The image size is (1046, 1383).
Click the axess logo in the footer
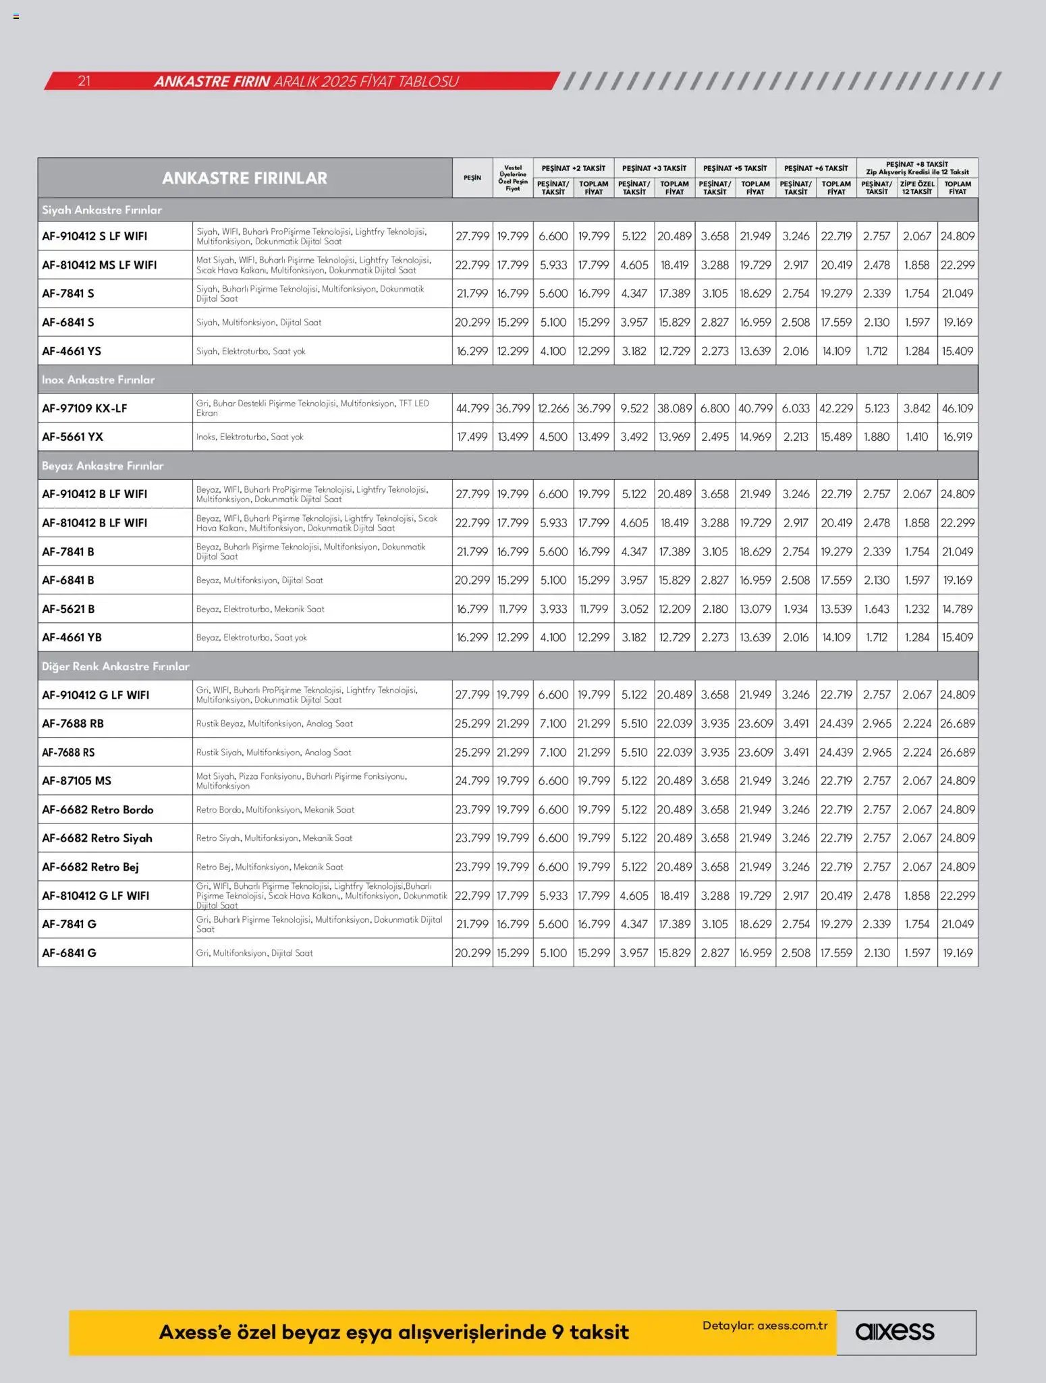point(895,1331)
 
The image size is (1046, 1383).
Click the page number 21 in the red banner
point(84,81)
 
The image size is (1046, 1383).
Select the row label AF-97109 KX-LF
point(84,408)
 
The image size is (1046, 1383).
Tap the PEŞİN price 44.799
point(472,408)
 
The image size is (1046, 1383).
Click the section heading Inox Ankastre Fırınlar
point(98,379)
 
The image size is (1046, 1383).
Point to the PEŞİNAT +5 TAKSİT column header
point(735,168)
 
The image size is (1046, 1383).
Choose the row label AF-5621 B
point(68,609)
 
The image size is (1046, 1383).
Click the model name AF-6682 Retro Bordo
point(98,809)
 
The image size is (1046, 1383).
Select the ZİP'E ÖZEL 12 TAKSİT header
point(917,188)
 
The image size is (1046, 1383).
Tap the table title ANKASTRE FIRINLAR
point(244,178)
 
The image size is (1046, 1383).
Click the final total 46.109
point(958,408)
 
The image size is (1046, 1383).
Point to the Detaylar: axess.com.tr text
point(765,1325)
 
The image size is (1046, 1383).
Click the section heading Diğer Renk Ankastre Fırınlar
point(115,666)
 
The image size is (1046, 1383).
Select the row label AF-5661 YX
point(72,437)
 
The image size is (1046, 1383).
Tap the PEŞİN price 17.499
point(472,437)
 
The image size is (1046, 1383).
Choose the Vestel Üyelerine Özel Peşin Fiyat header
point(513,178)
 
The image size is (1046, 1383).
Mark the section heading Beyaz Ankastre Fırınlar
point(103,466)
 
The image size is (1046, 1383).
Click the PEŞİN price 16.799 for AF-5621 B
point(472,609)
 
